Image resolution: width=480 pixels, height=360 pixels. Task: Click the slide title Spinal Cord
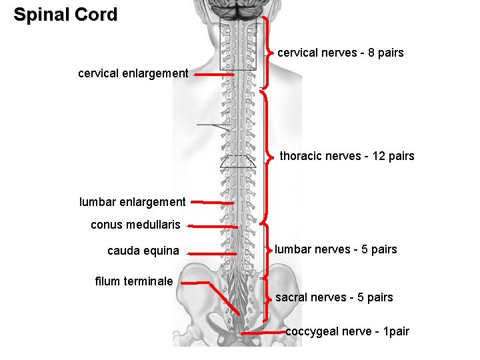[65, 15]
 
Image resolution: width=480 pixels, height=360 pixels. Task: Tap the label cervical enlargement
[133, 73]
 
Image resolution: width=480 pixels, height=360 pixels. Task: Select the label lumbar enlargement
[132, 201]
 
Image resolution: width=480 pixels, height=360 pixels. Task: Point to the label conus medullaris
[135, 225]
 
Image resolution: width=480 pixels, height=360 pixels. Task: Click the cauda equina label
[143, 251]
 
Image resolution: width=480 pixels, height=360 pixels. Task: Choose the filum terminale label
[134, 281]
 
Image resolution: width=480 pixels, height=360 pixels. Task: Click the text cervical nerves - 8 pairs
[340, 52]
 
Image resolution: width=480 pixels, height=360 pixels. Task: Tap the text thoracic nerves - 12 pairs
[347, 156]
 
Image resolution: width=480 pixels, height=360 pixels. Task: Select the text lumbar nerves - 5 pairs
[336, 249]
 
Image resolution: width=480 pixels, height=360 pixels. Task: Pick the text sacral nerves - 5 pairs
[334, 297]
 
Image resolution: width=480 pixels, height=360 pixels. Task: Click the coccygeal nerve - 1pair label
[347, 331]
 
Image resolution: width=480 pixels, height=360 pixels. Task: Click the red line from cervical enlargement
[213, 75]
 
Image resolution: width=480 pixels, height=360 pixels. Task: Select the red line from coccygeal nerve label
[263, 331]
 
